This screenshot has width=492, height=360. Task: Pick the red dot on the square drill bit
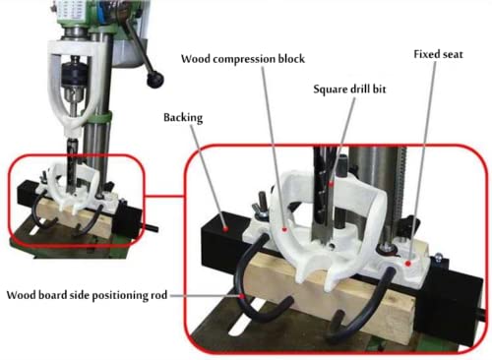[333, 180]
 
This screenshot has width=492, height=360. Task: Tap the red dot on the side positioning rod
[238, 292]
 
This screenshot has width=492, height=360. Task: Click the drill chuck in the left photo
[73, 76]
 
